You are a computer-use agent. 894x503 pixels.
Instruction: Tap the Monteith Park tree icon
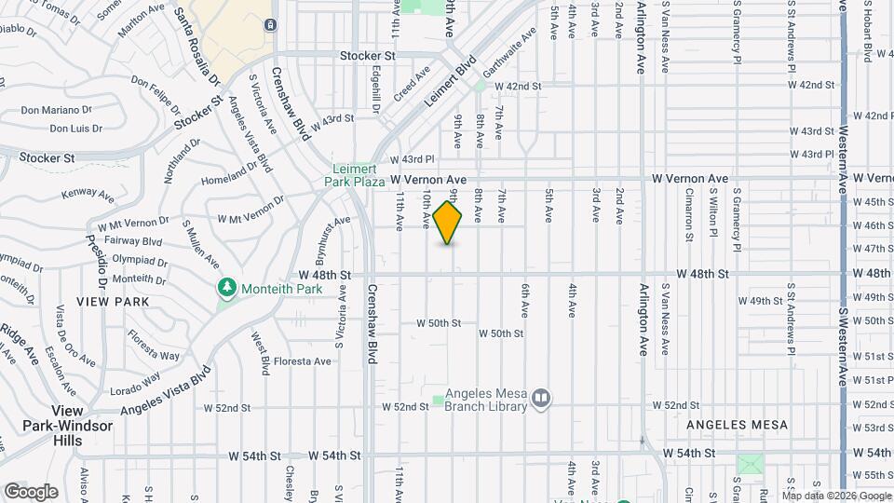(x=226, y=289)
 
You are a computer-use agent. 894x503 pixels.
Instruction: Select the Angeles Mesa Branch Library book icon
(x=541, y=400)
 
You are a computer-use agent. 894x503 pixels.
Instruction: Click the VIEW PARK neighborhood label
(x=107, y=302)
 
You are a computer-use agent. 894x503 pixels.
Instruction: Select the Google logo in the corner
(x=31, y=491)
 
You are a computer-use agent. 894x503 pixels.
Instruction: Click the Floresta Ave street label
(x=303, y=361)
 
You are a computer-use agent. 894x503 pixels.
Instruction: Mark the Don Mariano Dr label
(x=55, y=110)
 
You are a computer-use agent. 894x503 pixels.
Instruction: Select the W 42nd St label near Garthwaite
(x=518, y=86)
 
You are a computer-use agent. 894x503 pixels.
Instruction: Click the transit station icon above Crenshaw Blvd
(x=270, y=24)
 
